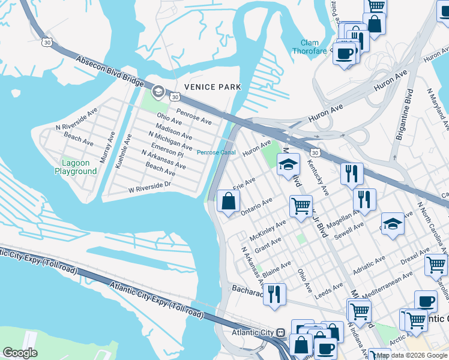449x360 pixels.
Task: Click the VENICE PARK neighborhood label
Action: tap(212, 87)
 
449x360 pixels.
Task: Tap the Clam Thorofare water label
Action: tap(314, 47)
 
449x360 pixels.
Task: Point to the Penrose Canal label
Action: tap(216, 152)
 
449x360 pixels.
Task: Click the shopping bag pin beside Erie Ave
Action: tap(229, 202)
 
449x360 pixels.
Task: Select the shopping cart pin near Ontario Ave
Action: tap(300, 206)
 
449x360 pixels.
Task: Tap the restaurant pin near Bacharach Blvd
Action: tap(274, 294)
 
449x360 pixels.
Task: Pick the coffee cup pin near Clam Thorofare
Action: tap(344, 54)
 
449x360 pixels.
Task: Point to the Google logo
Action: tap(20, 353)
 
